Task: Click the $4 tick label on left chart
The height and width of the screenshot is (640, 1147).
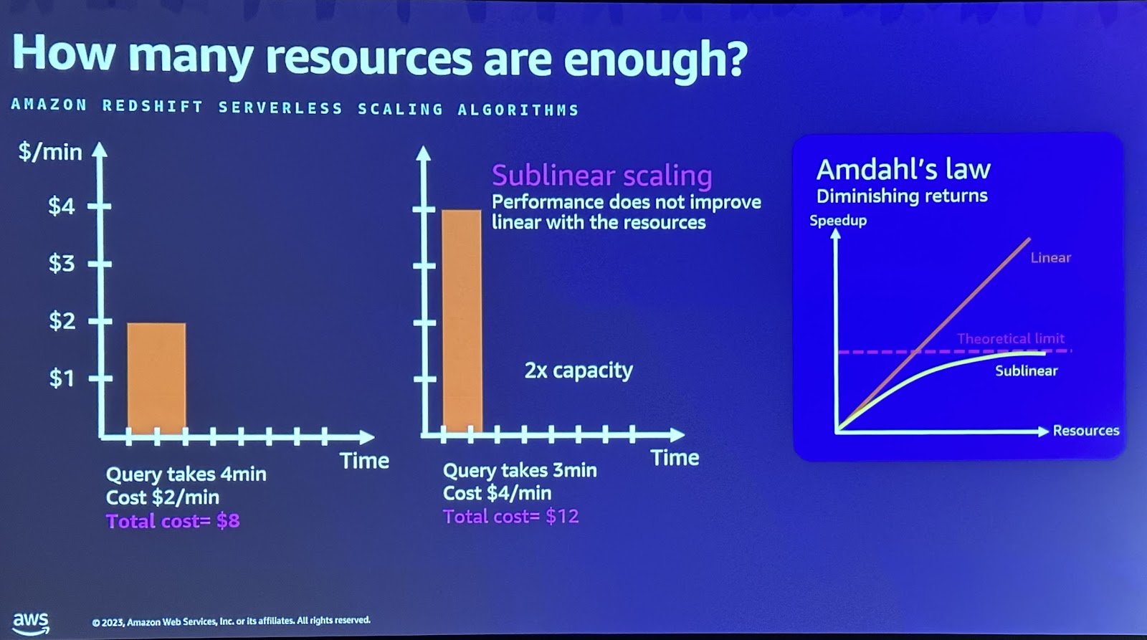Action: [x=61, y=206]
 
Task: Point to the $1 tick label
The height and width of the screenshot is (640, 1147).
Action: [x=61, y=378]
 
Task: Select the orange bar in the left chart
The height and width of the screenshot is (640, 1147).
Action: [x=156, y=378]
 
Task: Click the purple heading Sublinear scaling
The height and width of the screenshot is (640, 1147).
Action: [x=601, y=176]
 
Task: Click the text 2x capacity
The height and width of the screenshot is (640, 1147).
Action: [x=579, y=371]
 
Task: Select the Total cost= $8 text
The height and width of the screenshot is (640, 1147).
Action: [x=173, y=521]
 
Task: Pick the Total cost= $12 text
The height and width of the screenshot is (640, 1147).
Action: [x=510, y=517]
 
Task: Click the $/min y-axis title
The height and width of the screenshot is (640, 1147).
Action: [x=50, y=152]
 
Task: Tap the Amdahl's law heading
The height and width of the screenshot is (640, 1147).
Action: [x=903, y=170]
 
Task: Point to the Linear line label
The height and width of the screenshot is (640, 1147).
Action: [x=1050, y=258]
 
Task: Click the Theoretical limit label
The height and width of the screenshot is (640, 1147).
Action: [x=1011, y=338]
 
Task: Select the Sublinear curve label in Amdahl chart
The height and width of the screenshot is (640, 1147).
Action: [x=1026, y=371]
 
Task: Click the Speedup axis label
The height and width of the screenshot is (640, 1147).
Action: [x=838, y=221]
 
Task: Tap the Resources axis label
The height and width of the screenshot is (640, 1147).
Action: [x=1085, y=431]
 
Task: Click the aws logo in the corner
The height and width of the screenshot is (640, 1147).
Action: [x=31, y=621]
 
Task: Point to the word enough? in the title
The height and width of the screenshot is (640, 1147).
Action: [x=655, y=59]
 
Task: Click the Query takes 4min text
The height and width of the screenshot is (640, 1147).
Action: [x=186, y=474]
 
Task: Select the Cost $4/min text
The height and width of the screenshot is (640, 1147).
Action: [x=497, y=493]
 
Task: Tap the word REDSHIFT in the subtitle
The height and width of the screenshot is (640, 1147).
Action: [x=153, y=107]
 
